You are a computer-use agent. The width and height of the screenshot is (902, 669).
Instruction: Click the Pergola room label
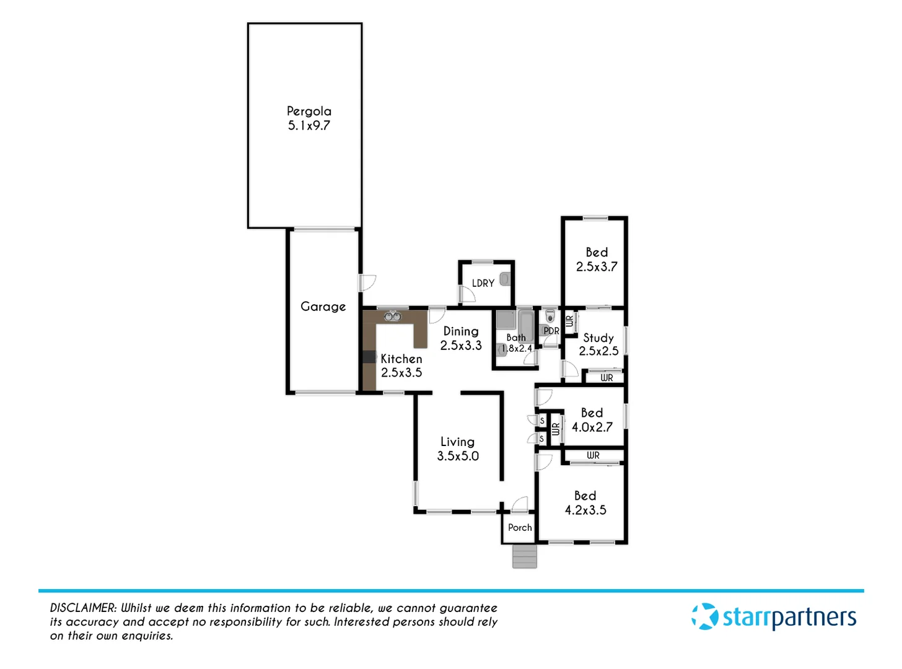click(309, 111)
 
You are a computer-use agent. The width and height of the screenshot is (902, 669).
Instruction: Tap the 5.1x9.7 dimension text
click(309, 126)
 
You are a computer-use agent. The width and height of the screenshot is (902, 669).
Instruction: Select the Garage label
click(323, 307)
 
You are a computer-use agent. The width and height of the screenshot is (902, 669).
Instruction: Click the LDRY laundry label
click(483, 283)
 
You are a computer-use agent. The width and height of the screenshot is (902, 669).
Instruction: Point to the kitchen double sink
click(392, 317)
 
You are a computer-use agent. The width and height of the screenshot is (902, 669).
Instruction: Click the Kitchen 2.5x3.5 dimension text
click(401, 373)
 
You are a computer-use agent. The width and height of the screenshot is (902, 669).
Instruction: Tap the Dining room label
click(460, 331)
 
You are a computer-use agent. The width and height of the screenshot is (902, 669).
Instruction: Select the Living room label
click(457, 442)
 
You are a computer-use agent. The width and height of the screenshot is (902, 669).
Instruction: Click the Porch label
click(520, 528)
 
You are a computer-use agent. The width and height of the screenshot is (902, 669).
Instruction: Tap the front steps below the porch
click(525, 556)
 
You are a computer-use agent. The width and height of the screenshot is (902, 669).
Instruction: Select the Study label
click(598, 338)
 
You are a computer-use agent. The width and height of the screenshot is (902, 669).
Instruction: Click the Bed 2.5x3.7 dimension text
click(597, 267)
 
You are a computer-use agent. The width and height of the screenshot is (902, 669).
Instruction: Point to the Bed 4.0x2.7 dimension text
click(592, 427)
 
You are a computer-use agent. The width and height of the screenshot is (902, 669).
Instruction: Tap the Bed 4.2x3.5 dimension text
click(585, 510)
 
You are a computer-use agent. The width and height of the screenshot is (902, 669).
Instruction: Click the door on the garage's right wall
click(367, 282)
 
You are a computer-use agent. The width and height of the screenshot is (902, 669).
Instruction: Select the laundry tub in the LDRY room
click(505, 279)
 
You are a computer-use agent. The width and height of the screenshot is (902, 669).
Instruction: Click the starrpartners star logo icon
click(704, 617)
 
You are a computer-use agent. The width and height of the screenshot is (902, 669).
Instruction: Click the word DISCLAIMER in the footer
click(82, 608)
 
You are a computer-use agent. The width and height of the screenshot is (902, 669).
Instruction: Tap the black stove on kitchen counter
click(369, 357)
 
